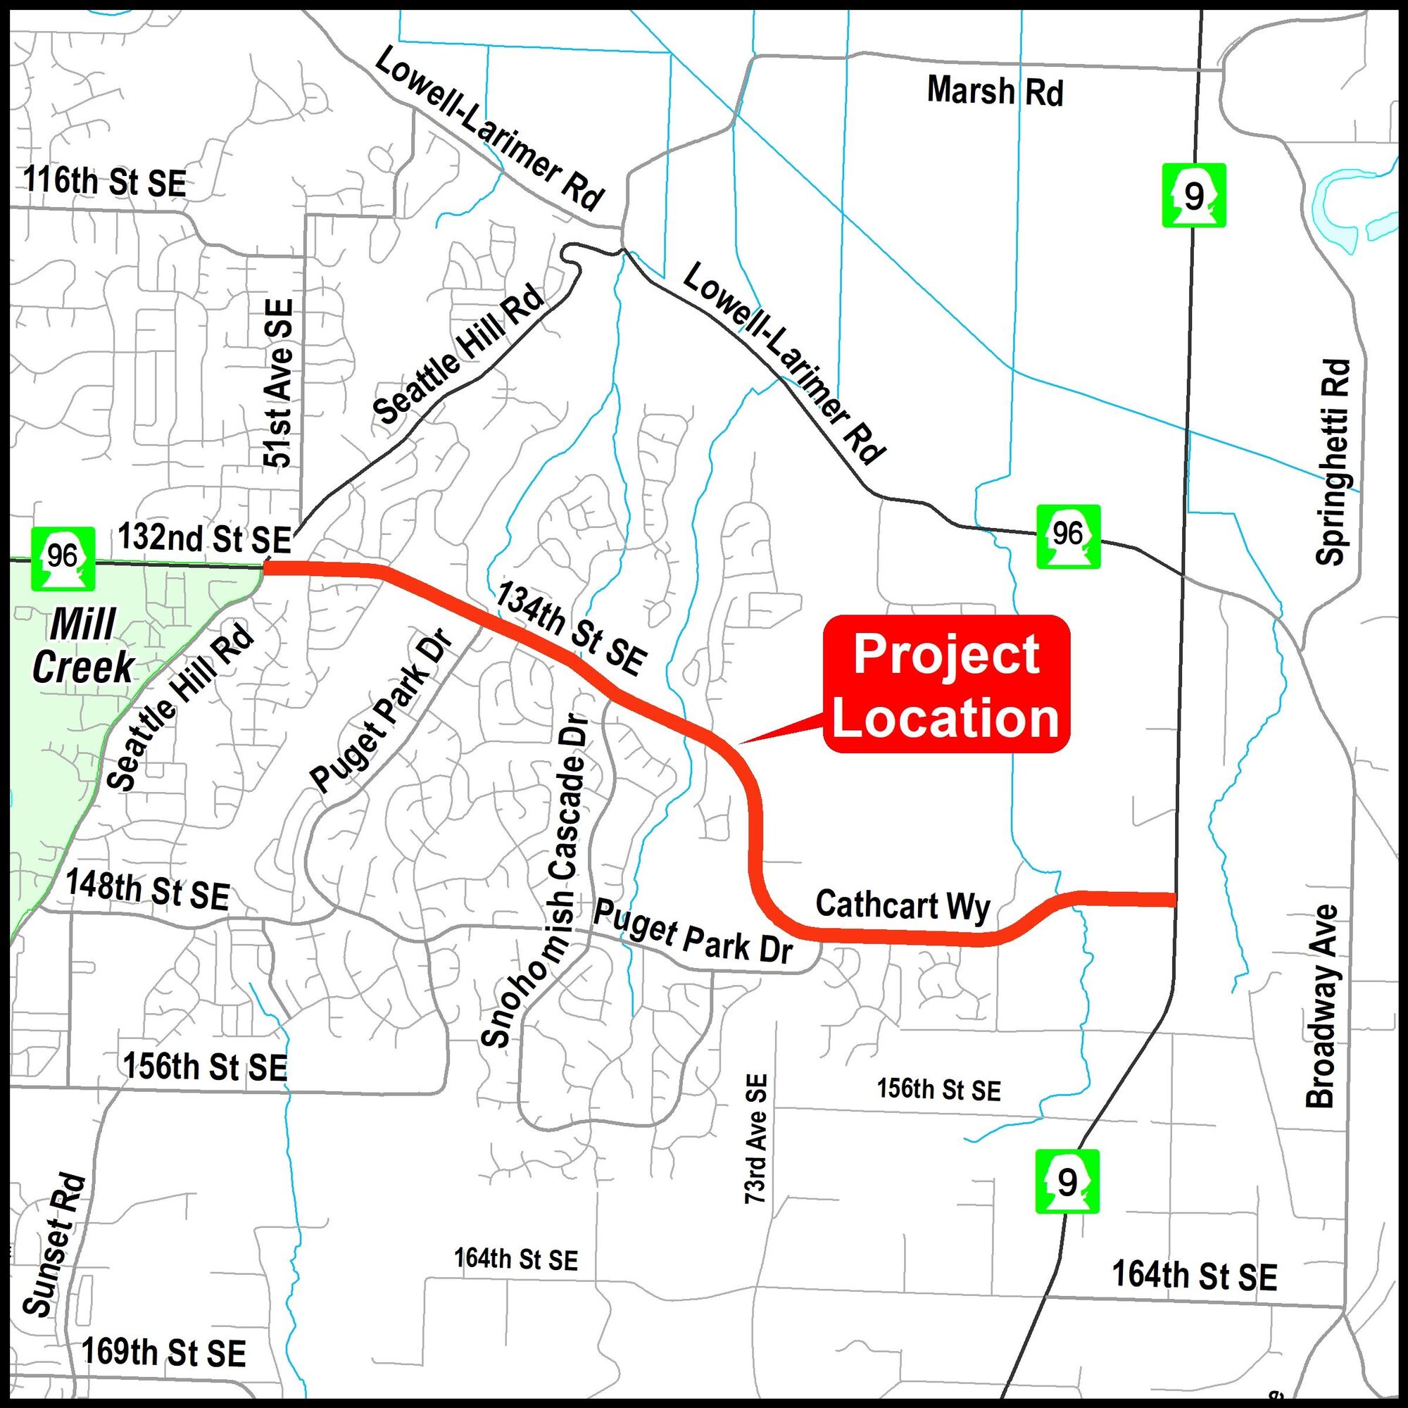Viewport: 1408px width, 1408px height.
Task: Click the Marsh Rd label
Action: click(995, 92)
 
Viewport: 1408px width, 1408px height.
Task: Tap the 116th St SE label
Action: click(105, 182)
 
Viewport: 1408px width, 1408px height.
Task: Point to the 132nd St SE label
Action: click(204, 539)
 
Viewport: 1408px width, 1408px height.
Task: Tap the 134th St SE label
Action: click(572, 628)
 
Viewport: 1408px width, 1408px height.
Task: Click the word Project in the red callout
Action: click(946, 655)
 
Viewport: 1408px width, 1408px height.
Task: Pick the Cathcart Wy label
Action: click(903, 906)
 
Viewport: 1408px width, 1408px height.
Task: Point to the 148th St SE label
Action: click(148, 890)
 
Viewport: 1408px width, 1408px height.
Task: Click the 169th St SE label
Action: click(163, 1352)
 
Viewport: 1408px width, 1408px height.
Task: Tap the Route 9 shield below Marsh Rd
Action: click(1193, 196)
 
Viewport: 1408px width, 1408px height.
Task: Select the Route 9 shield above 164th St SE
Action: click(1066, 1181)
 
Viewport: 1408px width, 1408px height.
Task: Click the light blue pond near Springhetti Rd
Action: click(1340, 208)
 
